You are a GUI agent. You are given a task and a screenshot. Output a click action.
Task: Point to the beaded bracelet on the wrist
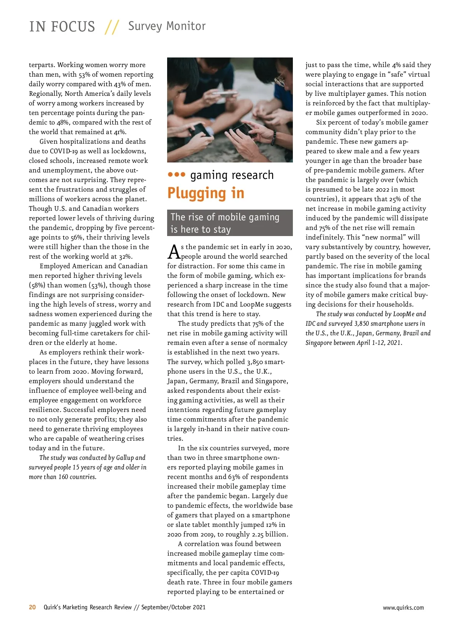point(274,136)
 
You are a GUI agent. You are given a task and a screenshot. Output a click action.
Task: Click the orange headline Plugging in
point(206,193)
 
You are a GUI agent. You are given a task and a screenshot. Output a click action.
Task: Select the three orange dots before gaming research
point(177,175)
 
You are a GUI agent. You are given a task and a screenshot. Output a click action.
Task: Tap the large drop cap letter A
point(174,252)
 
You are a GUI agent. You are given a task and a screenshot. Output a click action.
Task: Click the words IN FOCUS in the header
point(62,26)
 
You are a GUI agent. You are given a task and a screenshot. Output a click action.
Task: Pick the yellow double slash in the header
point(112,27)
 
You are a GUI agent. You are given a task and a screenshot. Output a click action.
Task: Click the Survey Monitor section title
point(167,26)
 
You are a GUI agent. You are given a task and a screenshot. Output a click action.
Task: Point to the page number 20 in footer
point(33,607)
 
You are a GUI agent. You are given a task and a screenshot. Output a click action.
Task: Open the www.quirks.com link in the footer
point(403,607)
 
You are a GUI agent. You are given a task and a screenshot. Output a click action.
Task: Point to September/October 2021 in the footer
point(173,607)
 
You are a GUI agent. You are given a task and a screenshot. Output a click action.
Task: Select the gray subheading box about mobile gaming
point(230,223)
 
